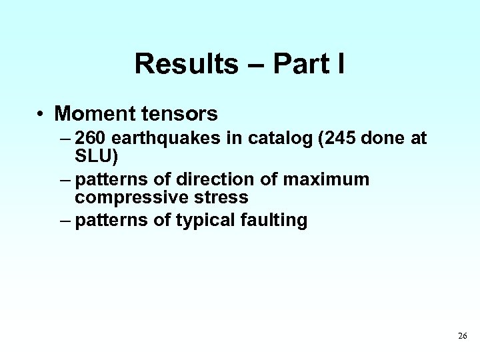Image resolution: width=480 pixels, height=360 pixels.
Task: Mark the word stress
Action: click(219, 197)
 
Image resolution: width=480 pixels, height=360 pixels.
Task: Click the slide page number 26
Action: click(462, 336)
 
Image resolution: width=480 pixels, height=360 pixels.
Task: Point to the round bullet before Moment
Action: click(41, 115)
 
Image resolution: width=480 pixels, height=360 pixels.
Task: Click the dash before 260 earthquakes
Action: click(63, 139)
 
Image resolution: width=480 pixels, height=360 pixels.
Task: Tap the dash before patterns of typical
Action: click(63, 221)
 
